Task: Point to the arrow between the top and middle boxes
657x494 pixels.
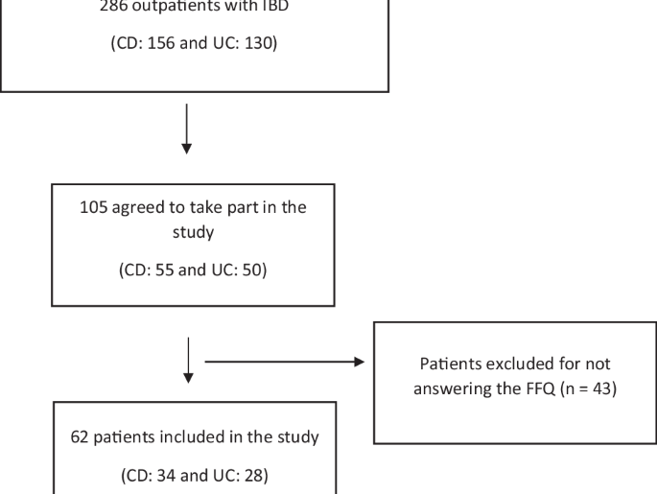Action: point(187,129)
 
